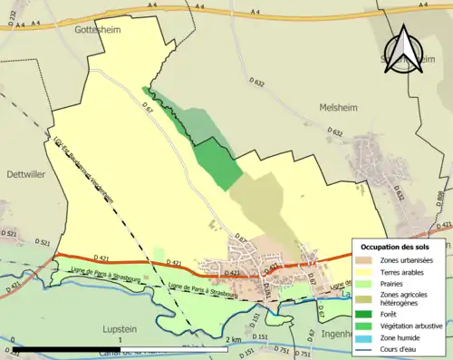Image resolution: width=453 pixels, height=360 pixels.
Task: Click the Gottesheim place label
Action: point(93,29)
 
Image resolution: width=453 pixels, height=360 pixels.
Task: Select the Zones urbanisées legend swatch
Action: point(368,260)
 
